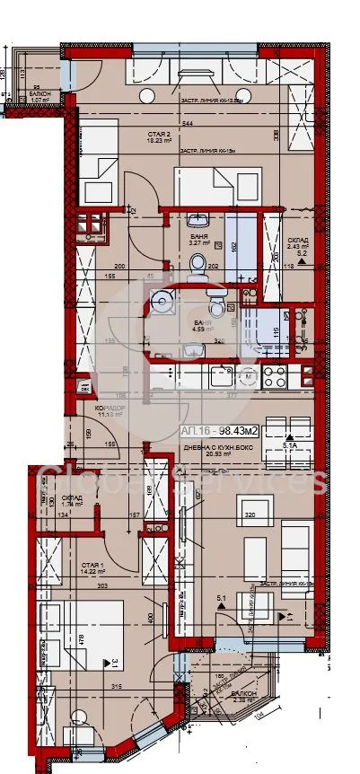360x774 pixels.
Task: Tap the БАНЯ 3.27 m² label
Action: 199,237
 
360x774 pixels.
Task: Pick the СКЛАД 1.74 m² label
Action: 73,501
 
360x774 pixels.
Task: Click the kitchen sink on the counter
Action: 220,378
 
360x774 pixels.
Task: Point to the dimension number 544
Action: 186,123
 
